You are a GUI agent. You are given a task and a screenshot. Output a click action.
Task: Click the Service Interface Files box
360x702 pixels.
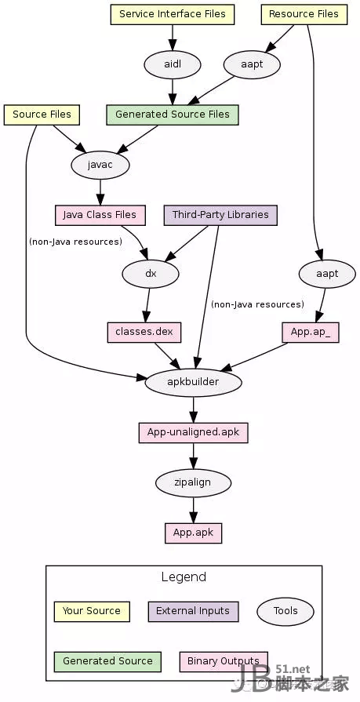pos(173,14)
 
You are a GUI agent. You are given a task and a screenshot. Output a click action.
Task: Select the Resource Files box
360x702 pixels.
pos(304,14)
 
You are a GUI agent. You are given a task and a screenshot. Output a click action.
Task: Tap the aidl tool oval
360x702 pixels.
pos(173,64)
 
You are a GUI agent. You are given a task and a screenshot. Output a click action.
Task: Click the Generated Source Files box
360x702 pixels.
pos(173,115)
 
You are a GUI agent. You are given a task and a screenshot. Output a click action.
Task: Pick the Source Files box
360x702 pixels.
pos(42,115)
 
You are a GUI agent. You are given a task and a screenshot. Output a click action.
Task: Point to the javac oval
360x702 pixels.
pos(100,165)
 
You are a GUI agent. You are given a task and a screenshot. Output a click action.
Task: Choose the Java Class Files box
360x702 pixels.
pos(100,216)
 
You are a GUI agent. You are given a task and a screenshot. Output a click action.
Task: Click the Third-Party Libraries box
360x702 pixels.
pos(220,216)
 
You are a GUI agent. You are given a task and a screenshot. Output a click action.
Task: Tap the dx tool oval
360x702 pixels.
pos(151,274)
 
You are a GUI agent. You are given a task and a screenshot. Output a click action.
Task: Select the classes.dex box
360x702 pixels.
pos(144,333)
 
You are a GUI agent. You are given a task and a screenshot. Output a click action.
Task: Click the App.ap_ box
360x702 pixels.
pos(311,333)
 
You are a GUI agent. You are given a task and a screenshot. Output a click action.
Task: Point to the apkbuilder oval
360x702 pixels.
pos(194,382)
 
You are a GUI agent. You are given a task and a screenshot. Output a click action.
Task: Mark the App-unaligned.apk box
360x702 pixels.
pos(194,433)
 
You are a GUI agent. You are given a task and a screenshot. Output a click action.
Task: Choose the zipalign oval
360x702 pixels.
pos(194,483)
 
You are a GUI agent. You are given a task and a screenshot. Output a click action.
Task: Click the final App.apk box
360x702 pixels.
pos(194,533)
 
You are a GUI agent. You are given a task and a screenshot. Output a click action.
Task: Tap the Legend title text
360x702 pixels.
pos(184,577)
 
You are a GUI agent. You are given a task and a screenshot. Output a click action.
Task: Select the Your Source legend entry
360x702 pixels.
pos(92,612)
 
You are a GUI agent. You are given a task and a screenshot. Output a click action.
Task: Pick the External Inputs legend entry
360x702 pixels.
pos(193,612)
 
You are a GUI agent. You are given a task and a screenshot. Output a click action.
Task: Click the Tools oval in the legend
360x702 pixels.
pos(285,612)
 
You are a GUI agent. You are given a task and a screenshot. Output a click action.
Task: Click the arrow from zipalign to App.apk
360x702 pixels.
pos(194,511)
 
